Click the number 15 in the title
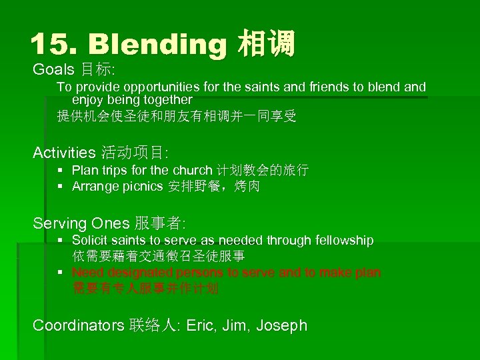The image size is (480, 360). pos(49,44)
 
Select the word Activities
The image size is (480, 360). pos(64,153)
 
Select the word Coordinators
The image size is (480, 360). pos(78,325)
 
